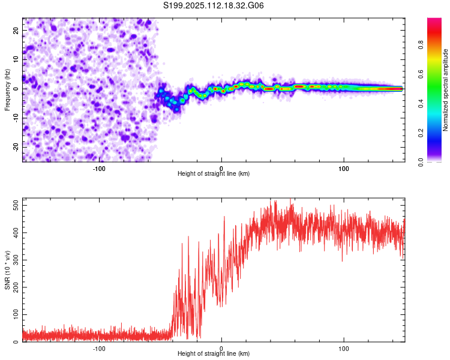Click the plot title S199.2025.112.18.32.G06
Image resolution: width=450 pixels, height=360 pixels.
click(x=213, y=5)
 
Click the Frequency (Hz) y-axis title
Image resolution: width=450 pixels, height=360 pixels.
click(x=7, y=90)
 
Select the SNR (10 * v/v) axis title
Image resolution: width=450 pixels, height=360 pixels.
click(x=7, y=270)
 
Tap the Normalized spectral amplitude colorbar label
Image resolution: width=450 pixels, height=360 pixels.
click(x=445, y=90)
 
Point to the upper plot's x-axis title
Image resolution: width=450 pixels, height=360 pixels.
click(x=214, y=173)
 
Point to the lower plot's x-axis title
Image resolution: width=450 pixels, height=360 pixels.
click(x=214, y=353)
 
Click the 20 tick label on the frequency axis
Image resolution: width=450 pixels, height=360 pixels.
click(x=16, y=31)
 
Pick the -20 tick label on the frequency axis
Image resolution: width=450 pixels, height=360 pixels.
click(x=16, y=147)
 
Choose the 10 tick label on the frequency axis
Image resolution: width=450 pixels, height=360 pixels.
click(x=16, y=59)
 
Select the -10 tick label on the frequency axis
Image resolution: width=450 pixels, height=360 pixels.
click(x=16, y=118)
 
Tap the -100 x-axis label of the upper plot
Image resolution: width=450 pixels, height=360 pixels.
click(x=99, y=169)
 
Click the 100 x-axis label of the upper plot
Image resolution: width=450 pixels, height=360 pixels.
click(x=344, y=169)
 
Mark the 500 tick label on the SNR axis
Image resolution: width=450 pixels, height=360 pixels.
click(x=16, y=206)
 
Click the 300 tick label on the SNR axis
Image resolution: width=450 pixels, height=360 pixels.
click(x=16, y=260)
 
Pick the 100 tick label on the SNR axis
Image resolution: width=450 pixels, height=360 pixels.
click(x=16, y=314)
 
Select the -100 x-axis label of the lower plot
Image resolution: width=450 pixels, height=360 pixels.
click(x=99, y=349)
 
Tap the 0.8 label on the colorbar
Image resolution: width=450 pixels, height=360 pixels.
click(x=421, y=45)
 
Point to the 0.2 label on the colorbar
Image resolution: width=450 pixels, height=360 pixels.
click(x=421, y=133)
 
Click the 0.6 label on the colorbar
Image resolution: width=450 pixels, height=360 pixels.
click(x=421, y=74)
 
